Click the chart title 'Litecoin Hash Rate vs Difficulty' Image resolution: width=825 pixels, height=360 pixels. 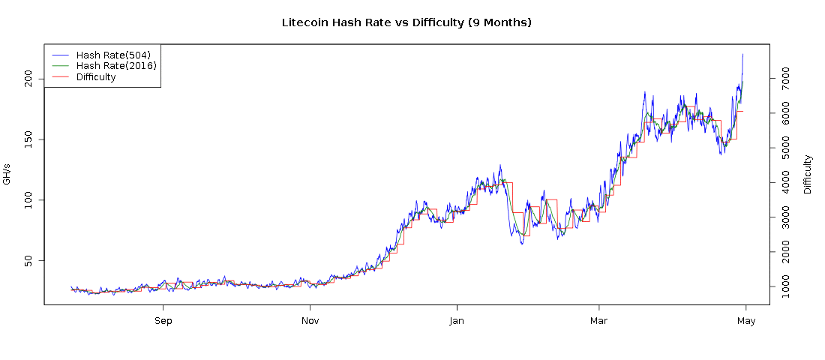coord(406,22)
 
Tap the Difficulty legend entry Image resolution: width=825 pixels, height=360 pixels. coord(96,77)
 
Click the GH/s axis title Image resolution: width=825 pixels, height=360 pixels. coord(7,174)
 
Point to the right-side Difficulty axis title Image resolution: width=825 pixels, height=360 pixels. coord(808,174)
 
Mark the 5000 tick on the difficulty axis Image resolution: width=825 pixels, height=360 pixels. coord(785,148)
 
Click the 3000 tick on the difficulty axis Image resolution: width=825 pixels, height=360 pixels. coord(785,217)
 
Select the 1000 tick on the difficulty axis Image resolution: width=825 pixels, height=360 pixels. coord(785,286)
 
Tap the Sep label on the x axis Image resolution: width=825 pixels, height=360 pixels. coord(163,321)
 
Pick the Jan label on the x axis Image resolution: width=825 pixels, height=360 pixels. coord(456,321)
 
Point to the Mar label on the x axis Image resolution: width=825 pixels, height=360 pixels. coord(598,321)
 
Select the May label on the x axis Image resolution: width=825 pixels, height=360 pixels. coord(745,321)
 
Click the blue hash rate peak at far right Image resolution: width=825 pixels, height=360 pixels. coord(742,55)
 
